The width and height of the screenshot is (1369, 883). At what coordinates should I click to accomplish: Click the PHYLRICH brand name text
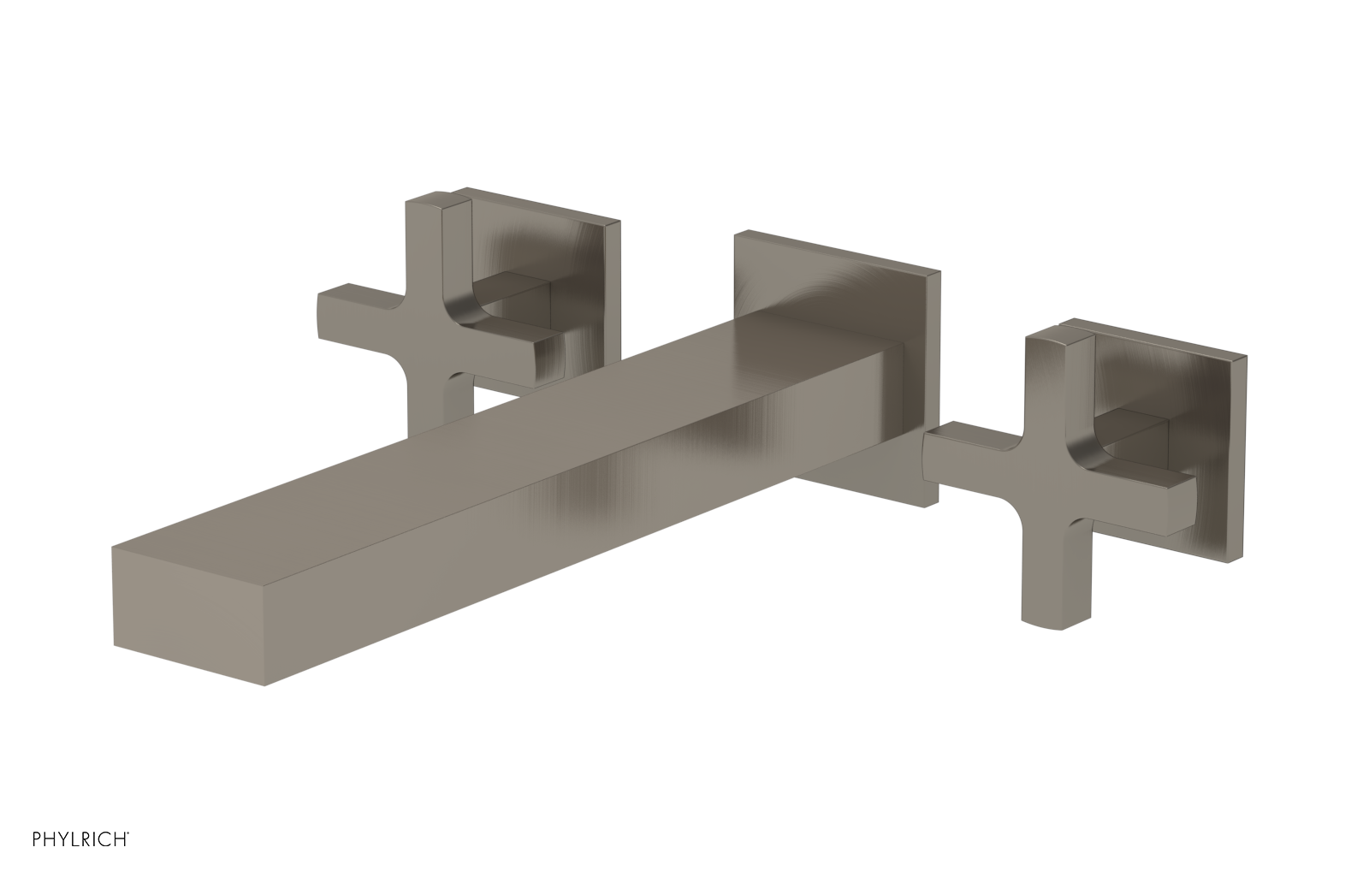point(67,859)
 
